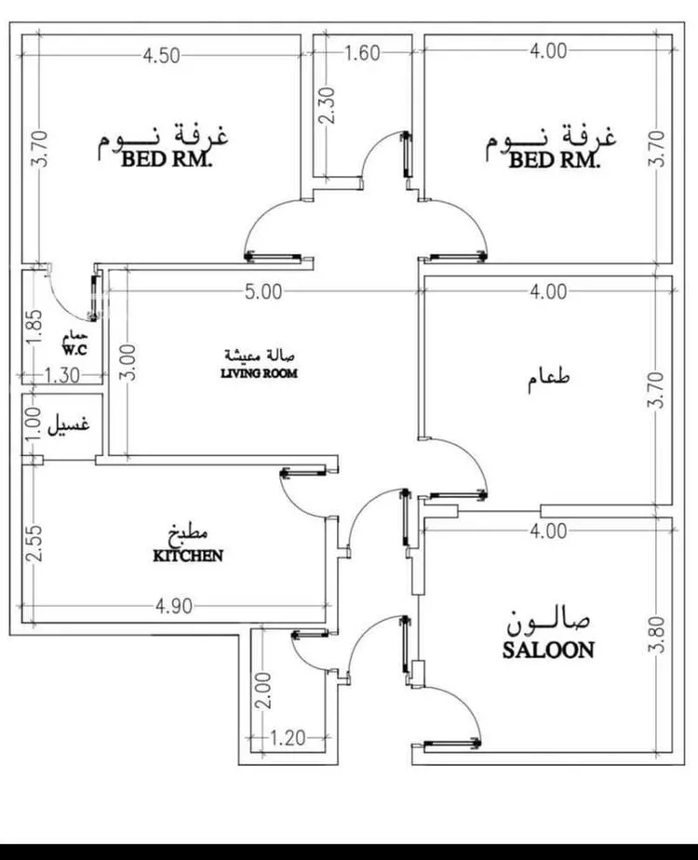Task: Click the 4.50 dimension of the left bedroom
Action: (x=161, y=54)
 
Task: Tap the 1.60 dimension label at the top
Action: (x=362, y=53)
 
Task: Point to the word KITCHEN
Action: (x=188, y=556)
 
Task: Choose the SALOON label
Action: (x=548, y=651)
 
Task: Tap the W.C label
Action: (x=74, y=350)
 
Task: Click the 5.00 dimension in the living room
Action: (x=263, y=291)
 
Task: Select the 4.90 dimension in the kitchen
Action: (x=172, y=607)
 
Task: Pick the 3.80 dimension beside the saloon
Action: (x=660, y=635)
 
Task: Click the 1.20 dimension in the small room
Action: (x=288, y=739)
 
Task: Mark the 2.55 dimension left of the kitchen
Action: (x=34, y=544)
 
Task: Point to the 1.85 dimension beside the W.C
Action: (x=34, y=327)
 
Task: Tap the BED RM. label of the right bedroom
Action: (x=555, y=160)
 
